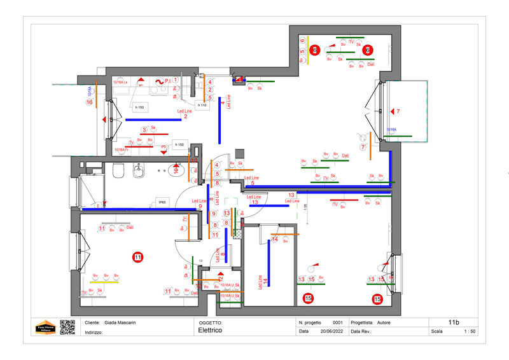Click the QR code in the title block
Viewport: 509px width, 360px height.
coord(67,327)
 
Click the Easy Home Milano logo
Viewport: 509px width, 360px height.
coord(45,327)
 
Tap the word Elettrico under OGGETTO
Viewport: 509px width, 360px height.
coord(209,331)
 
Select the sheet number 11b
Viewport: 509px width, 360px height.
coord(453,322)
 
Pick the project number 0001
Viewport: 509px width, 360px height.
coord(338,322)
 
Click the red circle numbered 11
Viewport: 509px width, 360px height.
coord(137,258)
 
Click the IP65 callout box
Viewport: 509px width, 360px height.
coord(162,202)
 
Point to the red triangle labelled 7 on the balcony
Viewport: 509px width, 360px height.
coord(393,111)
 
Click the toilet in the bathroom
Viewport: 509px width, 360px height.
coord(118,171)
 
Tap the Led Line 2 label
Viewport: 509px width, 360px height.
coord(184,114)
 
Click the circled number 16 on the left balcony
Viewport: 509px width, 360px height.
coord(90,102)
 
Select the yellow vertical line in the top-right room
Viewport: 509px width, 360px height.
coord(308,55)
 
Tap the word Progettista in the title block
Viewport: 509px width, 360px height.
coord(365,322)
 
